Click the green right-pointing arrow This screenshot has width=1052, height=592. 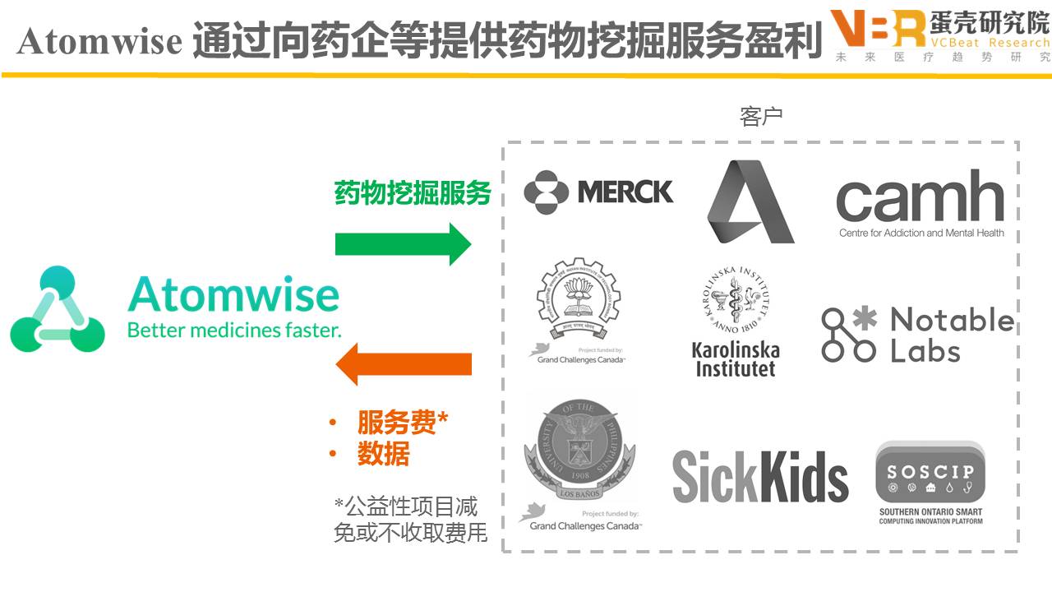pyautogui.click(x=403, y=243)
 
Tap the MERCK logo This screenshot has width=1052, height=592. pyautogui.click(x=598, y=192)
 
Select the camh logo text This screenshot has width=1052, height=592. pyautogui.click(x=920, y=199)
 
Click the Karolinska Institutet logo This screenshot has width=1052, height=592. pyautogui.click(x=736, y=321)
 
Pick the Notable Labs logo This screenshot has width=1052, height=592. pyautogui.click(x=918, y=334)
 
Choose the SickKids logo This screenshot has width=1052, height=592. pyautogui.click(x=760, y=476)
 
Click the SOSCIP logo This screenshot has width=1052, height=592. pyautogui.click(x=930, y=482)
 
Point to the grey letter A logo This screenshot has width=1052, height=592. pyautogui.click(x=749, y=202)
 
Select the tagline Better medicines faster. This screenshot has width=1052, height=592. pyautogui.click(x=233, y=331)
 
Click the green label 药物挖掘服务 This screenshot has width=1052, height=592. pyautogui.click(x=413, y=193)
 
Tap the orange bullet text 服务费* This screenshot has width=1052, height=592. pyautogui.click(x=402, y=422)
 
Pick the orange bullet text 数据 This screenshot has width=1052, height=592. pyautogui.click(x=383, y=453)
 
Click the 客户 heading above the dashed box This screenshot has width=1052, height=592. pyautogui.click(x=761, y=117)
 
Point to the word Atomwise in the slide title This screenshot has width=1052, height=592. pyautogui.click(x=99, y=41)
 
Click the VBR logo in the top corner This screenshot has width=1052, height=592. pyautogui.click(x=877, y=30)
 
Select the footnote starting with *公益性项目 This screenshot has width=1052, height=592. pyautogui.click(x=410, y=519)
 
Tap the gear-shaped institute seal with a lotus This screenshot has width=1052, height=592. pyautogui.click(x=577, y=299)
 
